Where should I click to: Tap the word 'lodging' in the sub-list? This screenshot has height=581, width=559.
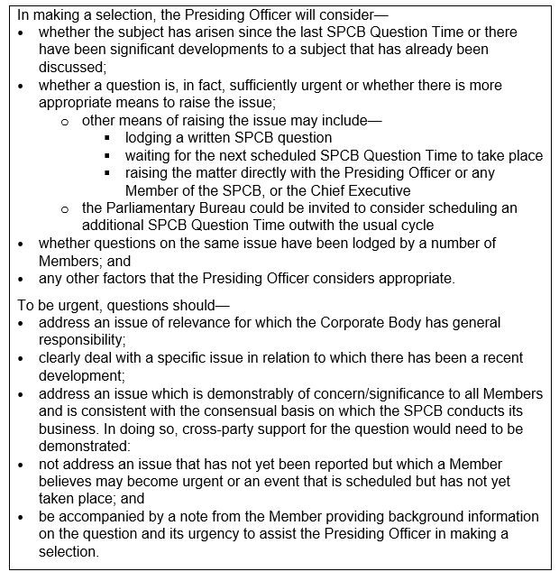[x=150, y=138]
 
